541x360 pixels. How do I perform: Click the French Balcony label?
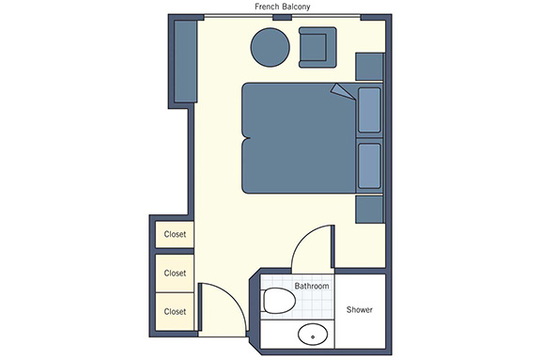pos(282,7)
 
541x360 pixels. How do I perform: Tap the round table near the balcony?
pos(270,47)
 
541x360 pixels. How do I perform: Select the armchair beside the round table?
pos(317,47)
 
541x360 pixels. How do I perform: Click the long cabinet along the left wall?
pos(186,61)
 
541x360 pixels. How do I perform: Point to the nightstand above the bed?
pos(370,67)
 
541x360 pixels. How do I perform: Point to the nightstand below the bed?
pos(370,210)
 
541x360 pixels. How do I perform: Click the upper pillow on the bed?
pos(369,110)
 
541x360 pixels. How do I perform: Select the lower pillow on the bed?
pos(369,166)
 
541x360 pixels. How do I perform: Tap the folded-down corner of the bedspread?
pos(344,92)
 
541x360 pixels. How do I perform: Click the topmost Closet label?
pos(175,234)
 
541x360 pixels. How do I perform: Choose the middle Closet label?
pos(175,274)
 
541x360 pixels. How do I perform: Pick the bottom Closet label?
pos(175,312)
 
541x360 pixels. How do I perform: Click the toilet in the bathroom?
pos(279,301)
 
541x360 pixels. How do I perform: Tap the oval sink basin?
pos(313,334)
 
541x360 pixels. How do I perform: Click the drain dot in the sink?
pos(313,337)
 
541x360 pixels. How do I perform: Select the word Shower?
pos(360,309)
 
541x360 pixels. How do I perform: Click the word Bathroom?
pos(312,286)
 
